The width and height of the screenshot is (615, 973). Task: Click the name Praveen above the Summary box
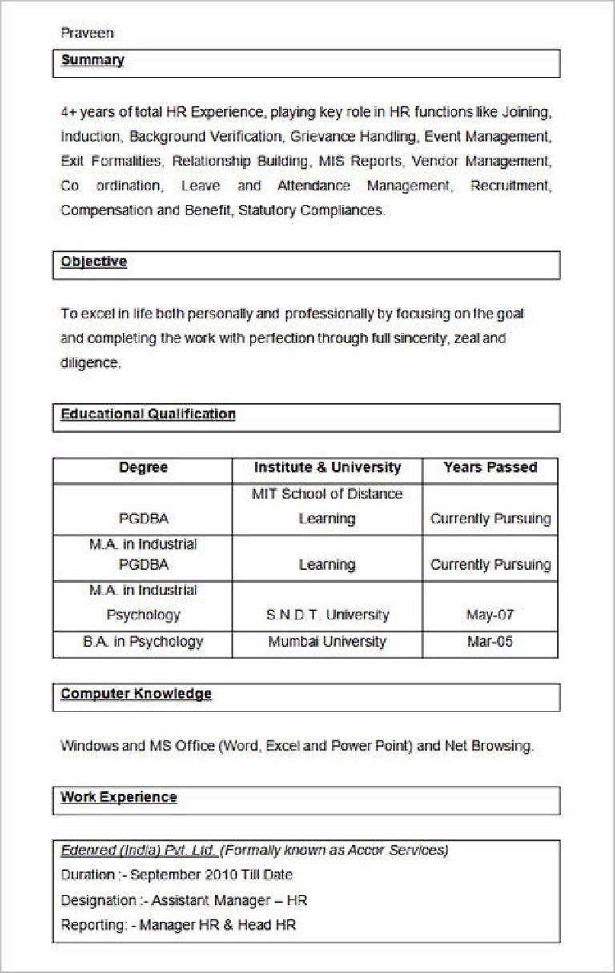[86, 33]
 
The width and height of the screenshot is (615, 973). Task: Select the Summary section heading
[92, 60]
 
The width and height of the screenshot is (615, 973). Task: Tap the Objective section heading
[94, 262]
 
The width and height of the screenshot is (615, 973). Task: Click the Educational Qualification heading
[148, 414]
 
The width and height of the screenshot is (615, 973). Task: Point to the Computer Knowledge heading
[136, 694]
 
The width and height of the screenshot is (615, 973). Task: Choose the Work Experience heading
[119, 797]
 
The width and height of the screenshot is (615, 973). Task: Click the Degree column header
[143, 468]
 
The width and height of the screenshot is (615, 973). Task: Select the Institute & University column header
[327, 468]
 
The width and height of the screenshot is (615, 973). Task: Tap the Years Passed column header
[490, 468]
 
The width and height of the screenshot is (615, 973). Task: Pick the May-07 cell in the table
[490, 615]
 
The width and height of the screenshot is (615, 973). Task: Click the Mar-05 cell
[490, 642]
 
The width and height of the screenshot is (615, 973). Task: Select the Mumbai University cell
[327, 642]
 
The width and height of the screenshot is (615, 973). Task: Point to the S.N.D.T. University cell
[327, 615]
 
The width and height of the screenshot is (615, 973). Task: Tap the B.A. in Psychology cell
[143, 642]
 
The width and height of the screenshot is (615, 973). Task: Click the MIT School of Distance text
[327, 495]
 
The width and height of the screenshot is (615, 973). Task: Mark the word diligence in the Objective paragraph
[89, 363]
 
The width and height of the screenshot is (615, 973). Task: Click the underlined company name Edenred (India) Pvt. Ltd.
[139, 851]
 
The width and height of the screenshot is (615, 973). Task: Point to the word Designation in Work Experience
[98, 901]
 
